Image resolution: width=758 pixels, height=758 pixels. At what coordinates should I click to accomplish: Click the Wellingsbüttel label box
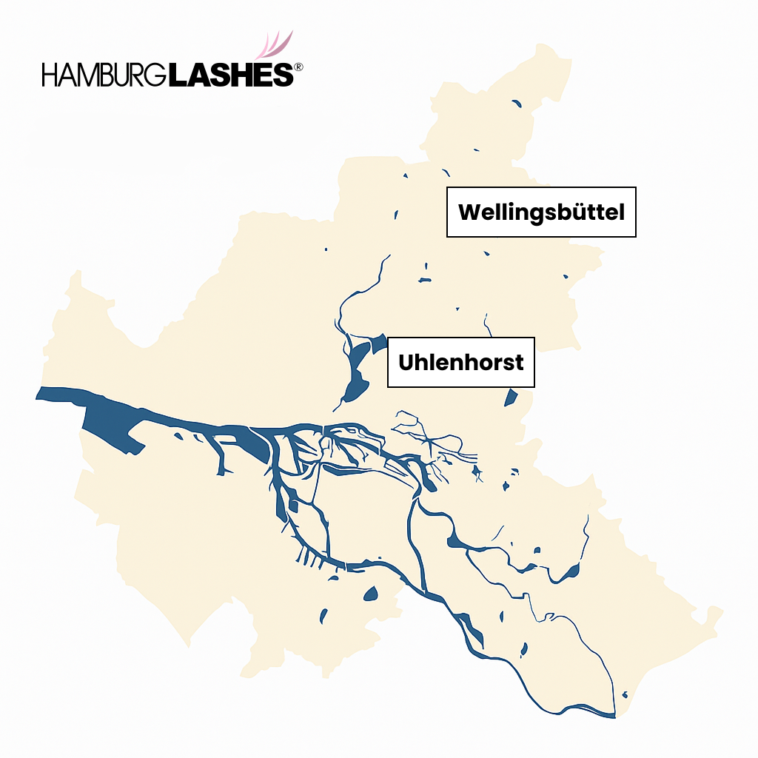541,212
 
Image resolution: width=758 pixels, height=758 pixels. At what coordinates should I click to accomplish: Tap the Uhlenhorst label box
460,362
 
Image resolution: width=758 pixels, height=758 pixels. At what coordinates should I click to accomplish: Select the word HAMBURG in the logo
104,75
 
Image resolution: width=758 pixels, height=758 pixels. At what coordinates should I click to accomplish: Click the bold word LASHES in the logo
230,75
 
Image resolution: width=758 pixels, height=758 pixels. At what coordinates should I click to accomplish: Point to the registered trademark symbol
298,67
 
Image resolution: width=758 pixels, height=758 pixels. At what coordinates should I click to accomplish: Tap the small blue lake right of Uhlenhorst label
511,398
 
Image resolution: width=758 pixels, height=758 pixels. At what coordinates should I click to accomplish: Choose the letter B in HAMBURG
117,75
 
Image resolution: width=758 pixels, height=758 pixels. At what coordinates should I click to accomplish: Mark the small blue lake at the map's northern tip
516,104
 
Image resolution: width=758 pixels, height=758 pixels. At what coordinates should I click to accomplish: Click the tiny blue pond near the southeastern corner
625,694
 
